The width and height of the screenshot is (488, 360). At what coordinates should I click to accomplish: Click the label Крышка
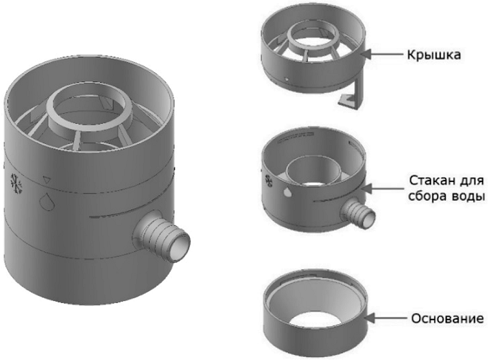tap(434, 55)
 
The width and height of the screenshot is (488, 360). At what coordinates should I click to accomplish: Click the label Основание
tap(448, 318)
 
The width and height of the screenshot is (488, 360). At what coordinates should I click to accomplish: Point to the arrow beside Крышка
tap(384, 54)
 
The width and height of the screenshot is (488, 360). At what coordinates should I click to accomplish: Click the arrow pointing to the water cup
tap(384, 188)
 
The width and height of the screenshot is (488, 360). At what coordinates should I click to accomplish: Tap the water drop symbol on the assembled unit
tap(48, 201)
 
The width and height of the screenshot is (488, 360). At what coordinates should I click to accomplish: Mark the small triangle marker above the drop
tap(47, 180)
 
